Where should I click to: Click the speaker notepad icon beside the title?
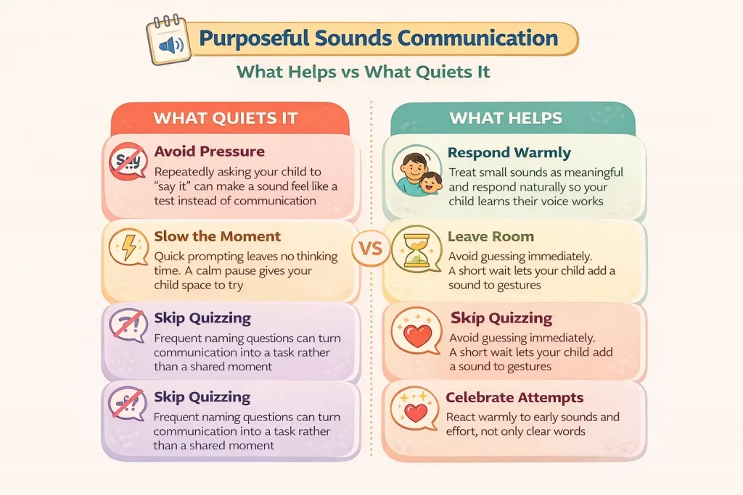coord(168,41)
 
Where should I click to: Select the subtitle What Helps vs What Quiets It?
coord(364,72)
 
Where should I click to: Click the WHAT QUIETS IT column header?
coord(226,118)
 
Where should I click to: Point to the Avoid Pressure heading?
coord(210,152)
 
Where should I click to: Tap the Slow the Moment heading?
coord(218,237)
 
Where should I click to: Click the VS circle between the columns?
coord(370,250)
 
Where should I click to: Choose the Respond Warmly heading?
coord(509,153)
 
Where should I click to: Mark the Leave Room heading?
coord(490,237)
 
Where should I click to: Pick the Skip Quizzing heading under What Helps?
coord(501,317)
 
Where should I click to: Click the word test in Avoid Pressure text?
coord(168,201)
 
